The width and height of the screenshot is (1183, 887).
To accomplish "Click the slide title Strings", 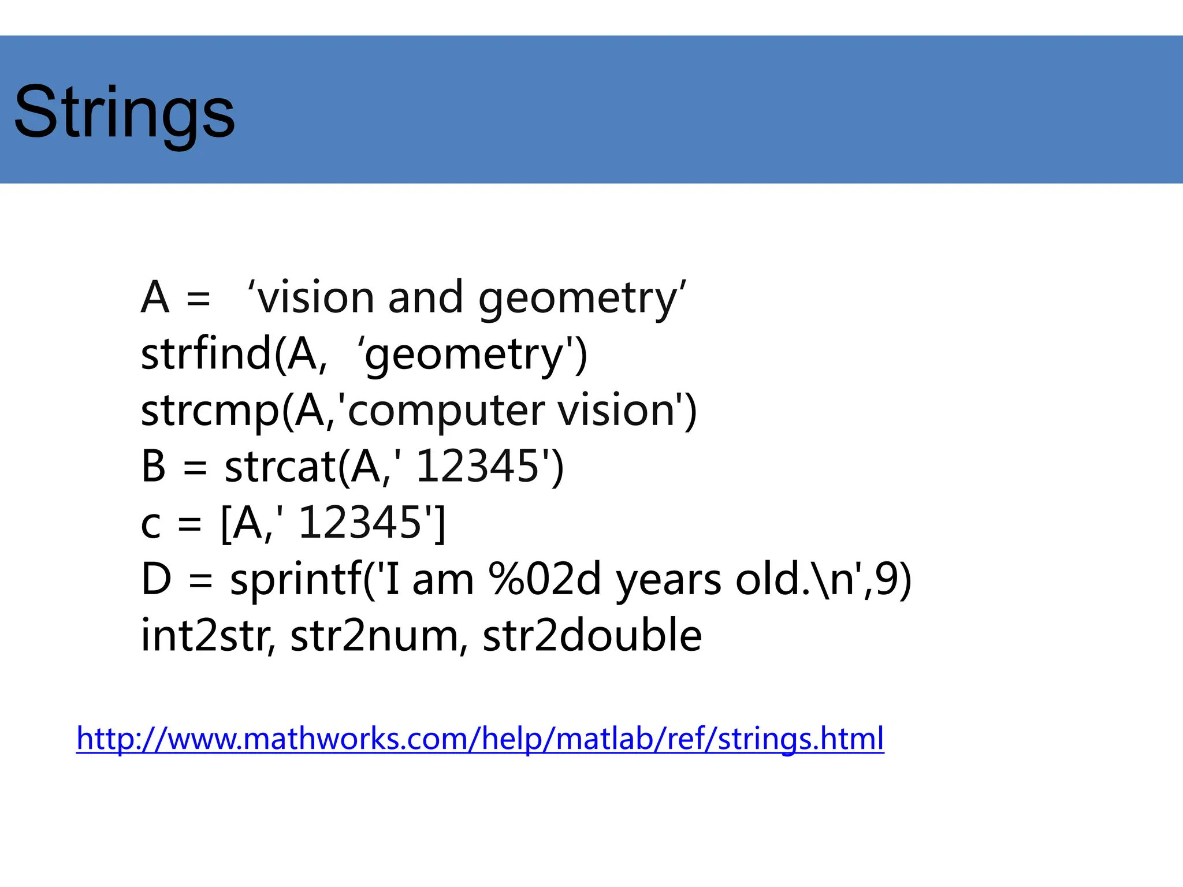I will (x=124, y=113).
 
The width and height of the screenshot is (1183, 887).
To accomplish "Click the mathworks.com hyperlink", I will (x=479, y=739).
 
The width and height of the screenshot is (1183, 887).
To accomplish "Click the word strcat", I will (x=280, y=467).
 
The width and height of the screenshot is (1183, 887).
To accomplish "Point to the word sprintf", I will (x=295, y=580).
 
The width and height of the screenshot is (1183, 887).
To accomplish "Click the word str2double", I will (x=592, y=636).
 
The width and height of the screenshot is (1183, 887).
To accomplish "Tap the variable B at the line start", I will (x=154, y=467).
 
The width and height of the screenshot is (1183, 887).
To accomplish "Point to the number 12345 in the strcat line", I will (x=477, y=467).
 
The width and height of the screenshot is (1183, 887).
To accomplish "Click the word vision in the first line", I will (x=315, y=298).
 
